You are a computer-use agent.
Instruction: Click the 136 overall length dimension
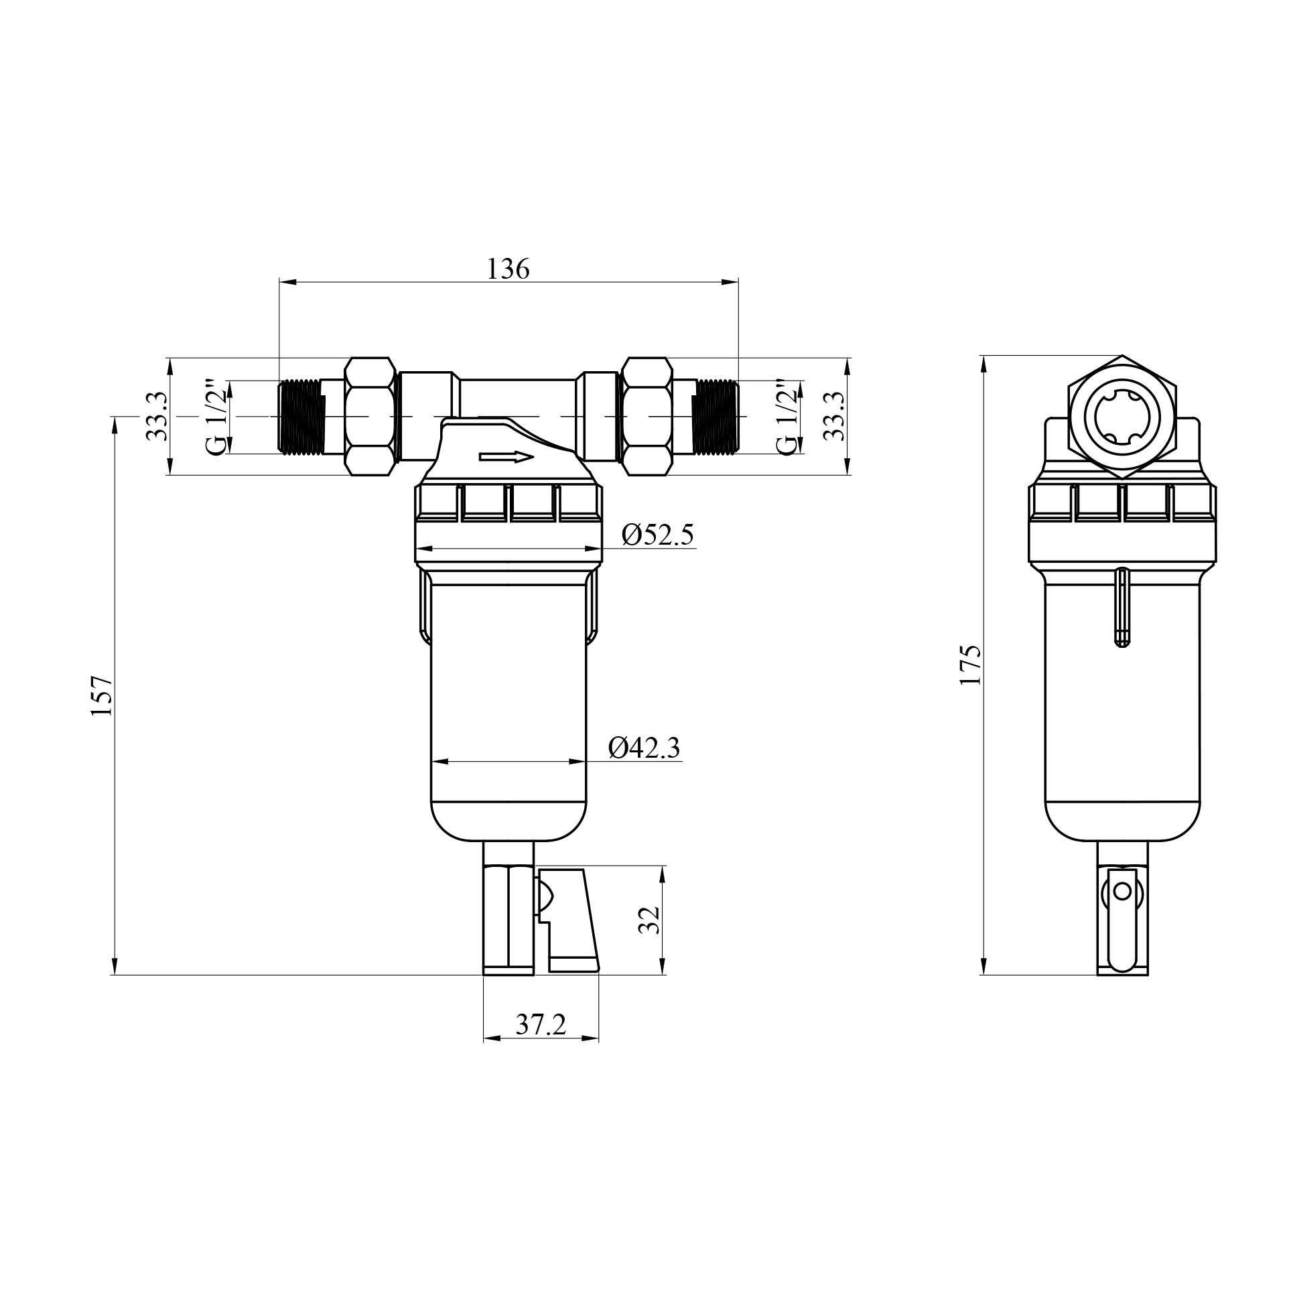(508, 269)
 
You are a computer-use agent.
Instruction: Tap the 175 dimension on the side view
(971, 665)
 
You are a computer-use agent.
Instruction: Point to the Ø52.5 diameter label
(657, 535)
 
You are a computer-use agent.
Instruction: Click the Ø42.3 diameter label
(644, 748)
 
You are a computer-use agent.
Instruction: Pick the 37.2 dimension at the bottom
(541, 1024)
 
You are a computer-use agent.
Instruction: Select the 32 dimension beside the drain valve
(649, 921)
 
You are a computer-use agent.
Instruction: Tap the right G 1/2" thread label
(789, 417)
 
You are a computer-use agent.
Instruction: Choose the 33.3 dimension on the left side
(157, 417)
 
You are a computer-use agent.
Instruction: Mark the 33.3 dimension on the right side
(835, 417)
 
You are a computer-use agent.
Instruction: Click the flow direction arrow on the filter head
(506, 457)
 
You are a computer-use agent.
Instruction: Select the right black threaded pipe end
(716, 416)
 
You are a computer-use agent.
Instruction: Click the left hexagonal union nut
(370, 416)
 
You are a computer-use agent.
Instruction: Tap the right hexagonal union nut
(647, 416)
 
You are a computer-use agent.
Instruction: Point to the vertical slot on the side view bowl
(1122, 607)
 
